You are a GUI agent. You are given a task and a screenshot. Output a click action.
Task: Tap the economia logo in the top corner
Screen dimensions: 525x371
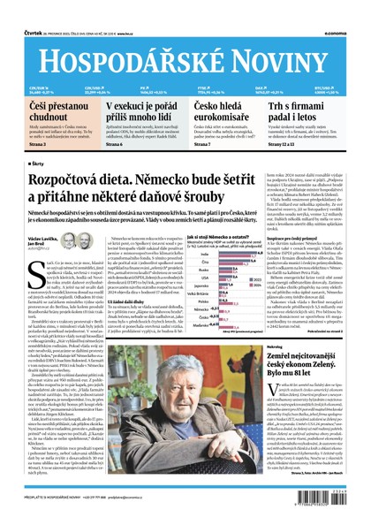(349, 11)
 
